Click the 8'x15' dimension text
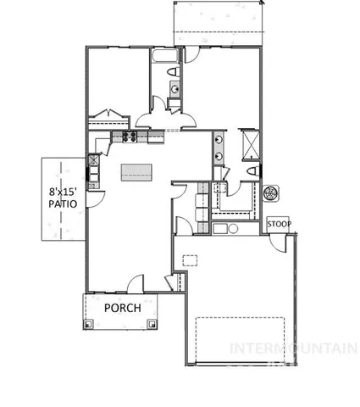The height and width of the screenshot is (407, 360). click(64, 192)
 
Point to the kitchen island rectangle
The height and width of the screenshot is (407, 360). click(134, 172)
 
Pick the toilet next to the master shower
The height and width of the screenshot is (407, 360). click(253, 172)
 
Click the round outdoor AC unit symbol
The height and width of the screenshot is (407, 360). click(273, 192)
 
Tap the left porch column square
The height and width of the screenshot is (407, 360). click(87, 323)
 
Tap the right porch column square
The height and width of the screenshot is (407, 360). click(152, 323)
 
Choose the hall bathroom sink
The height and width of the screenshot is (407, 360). click(174, 88)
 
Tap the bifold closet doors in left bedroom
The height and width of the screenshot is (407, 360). click(110, 113)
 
